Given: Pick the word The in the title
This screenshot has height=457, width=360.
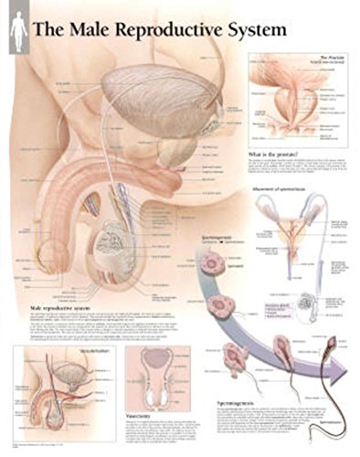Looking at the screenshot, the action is pos(46,29).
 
